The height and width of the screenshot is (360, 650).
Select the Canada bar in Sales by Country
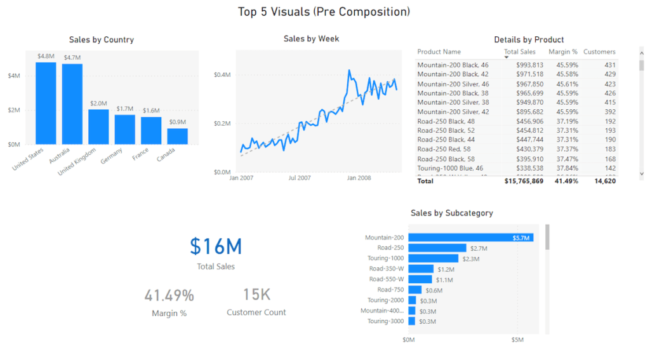coord(178,137)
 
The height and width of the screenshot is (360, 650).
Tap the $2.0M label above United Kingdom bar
coord(98,103)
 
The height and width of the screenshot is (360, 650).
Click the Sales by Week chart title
coord(311,39)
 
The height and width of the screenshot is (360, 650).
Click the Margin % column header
coord(563,52)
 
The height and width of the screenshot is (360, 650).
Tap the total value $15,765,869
coord(523,181)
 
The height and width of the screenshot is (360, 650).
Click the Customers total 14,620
coord(604,181)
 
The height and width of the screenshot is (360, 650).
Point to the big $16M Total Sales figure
coord(216,246)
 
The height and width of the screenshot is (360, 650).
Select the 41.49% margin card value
coord(169,295)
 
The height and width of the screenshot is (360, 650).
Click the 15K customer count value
coord(256,295)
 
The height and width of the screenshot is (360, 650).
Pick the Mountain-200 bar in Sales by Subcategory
coord(470,237)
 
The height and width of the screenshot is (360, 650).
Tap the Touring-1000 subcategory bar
coord(433,258)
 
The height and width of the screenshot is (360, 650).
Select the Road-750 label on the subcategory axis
coord(390,290)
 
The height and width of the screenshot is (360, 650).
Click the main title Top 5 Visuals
coord(324,11)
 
